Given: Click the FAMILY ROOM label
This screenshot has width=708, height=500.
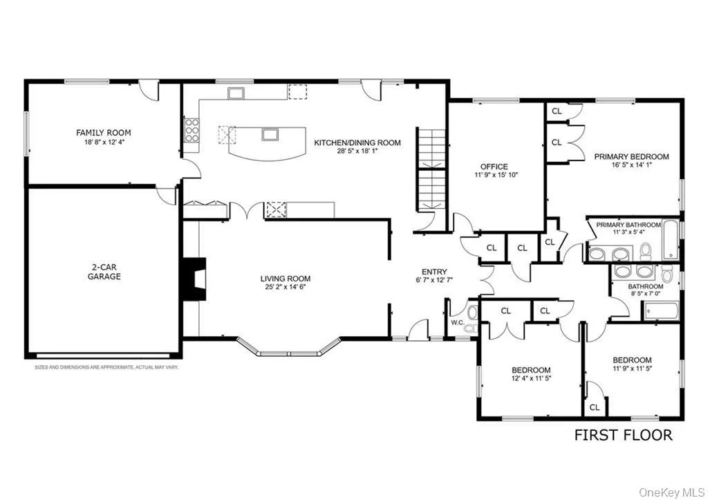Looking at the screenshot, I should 103,133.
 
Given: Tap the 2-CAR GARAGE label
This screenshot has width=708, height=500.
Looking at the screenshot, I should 104,271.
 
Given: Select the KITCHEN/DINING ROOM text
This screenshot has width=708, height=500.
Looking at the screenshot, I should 357,142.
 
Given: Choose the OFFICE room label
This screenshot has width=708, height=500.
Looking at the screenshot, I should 494,167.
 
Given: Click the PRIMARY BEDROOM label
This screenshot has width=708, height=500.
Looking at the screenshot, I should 631,157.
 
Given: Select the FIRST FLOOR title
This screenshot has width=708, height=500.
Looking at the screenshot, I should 623,435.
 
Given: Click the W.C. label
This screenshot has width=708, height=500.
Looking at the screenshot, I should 457,322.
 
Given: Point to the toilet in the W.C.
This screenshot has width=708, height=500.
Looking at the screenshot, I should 472,315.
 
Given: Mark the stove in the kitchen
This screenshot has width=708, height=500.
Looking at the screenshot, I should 192,129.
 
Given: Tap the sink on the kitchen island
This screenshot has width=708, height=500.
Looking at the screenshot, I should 270,133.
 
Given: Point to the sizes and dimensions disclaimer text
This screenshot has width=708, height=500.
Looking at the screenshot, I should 106,367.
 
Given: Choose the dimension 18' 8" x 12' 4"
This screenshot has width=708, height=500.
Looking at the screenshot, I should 104,142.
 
